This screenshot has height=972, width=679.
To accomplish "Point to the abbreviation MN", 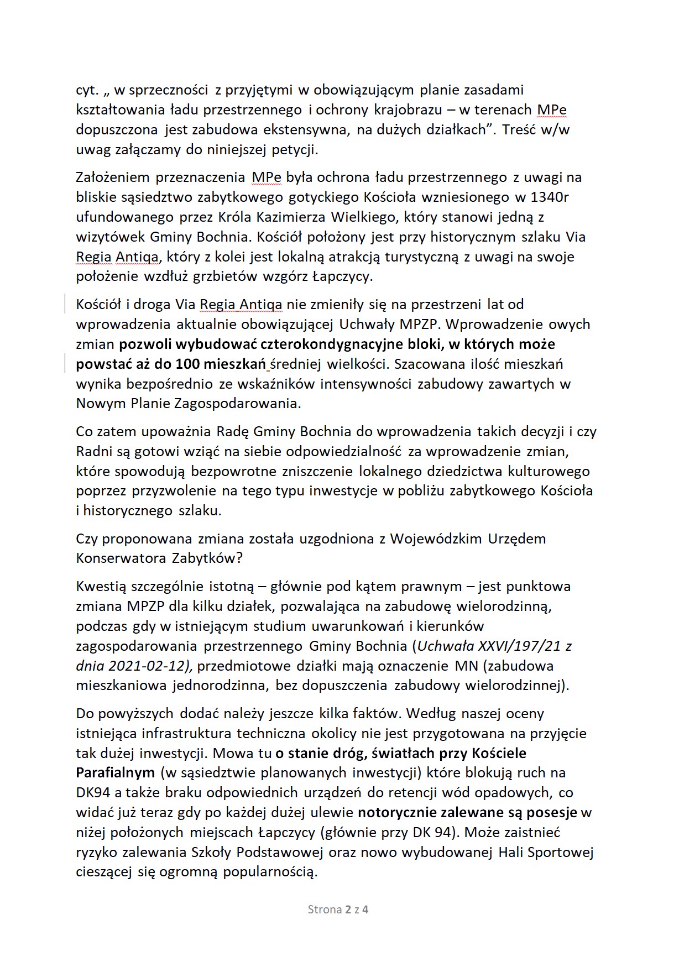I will (466, 666).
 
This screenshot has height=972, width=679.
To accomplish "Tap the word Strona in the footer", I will (324, 910).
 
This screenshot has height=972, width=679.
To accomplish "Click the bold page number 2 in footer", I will (348, 910).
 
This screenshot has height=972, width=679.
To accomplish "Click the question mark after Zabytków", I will (239, 558).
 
